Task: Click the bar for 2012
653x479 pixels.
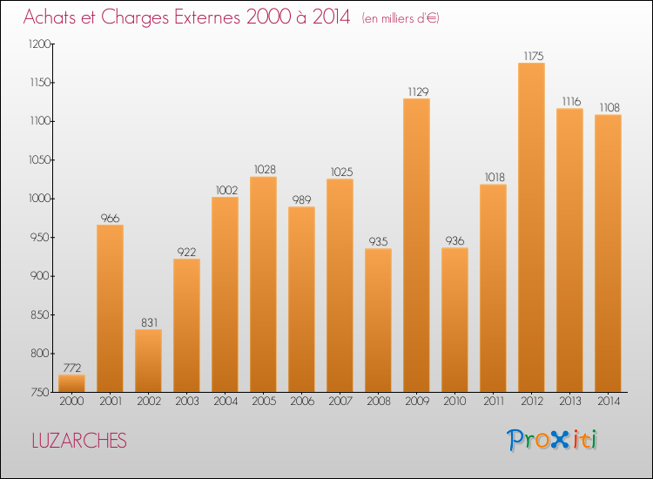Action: (x=531, y=227)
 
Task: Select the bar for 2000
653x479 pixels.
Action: (x=71, y=383)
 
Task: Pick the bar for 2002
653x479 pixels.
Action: (x=148, y=361)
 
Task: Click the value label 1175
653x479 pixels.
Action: (x=533, y=56)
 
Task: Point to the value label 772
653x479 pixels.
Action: (x=71, y=368)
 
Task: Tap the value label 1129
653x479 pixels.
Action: (x=416, y=91)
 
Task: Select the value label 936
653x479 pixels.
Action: (x=454, y=241)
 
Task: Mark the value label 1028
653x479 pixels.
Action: (x=263, y=170)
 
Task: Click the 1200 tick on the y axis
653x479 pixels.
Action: (x=40, y=44)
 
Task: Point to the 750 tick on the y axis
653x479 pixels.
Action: (x=43, y=392)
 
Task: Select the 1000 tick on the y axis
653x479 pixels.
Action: (x=40, y=199)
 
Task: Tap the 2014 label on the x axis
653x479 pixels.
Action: (x=608, y=402)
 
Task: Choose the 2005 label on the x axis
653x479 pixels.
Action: (x=263, y=402)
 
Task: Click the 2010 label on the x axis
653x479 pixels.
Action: (x=454, y=402)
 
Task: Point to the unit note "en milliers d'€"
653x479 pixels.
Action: (x=401, y=18)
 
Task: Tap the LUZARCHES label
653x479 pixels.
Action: (x=78, y=441)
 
